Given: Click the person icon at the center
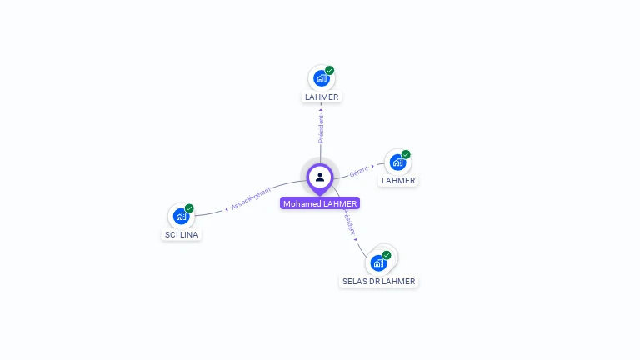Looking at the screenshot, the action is [x=320, y=177].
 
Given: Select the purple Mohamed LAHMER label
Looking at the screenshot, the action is [x=320, y=203].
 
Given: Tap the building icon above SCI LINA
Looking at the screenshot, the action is [x=181, y=216].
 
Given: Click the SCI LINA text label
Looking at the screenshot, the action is [x=182, y=234].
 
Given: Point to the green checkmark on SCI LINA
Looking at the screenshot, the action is [x=190, y=208].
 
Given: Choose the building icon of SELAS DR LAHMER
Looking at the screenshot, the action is [x=379, y=262].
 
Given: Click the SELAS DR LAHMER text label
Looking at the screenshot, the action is [x=378, y=281].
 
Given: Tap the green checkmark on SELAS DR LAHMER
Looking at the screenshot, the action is [x=387, y=255].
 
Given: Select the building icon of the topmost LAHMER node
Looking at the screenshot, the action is [x=321, y=78].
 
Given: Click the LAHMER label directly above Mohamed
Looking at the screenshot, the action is [x=322, y=97].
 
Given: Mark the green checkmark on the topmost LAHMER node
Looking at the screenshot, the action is [x=330, y=71].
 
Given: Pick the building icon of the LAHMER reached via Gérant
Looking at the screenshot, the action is [x=397, y=162].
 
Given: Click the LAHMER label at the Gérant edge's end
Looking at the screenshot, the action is [x=398, y=180].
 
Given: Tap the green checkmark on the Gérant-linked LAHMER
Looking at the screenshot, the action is [x=406, y=154].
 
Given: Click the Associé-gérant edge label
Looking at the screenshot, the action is [x=252, y=197].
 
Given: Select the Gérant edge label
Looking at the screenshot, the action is [x=358, y=171].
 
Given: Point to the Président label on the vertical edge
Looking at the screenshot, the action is [x=321, y=128].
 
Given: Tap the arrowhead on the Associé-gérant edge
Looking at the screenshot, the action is [x=227, y=209].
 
